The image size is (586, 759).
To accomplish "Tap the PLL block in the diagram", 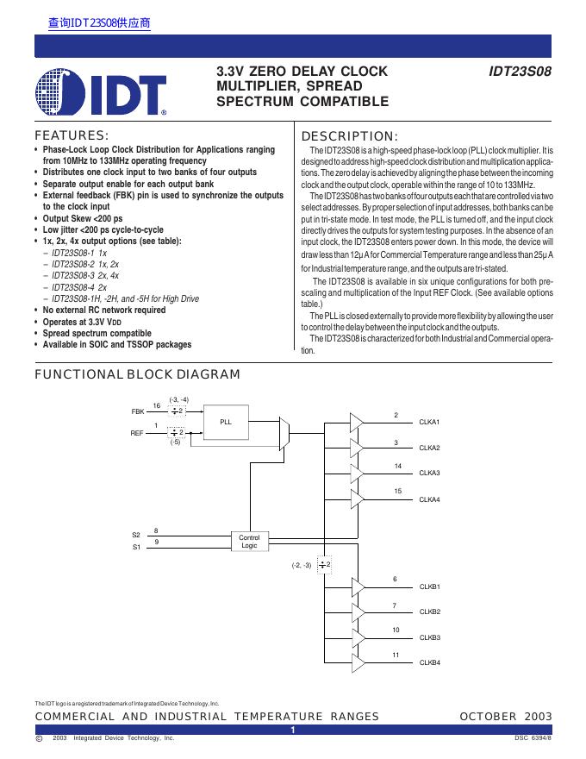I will tap(226, 423).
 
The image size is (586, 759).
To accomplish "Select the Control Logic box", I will tap(249, 541).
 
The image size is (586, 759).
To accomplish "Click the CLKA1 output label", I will tap(429, 422).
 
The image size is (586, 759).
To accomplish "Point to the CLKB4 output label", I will tap(429, 662).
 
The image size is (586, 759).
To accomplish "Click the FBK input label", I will tap(138, 412).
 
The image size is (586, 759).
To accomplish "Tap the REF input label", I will tap(138, 432).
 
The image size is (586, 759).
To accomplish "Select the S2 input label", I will tap(136, 536).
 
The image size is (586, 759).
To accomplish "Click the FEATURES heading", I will tap(72, 135).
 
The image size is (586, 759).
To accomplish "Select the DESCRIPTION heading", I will tap(349, 136).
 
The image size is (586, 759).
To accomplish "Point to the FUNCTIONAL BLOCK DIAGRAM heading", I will tap(137, 374).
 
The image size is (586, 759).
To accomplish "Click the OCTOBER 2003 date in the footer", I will tap(506, 717).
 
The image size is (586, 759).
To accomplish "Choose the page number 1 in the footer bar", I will tap(293, 730).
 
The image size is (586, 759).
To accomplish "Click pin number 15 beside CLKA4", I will tap(398, 491).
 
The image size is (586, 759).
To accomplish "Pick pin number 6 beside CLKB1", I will tap(396, 579).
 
